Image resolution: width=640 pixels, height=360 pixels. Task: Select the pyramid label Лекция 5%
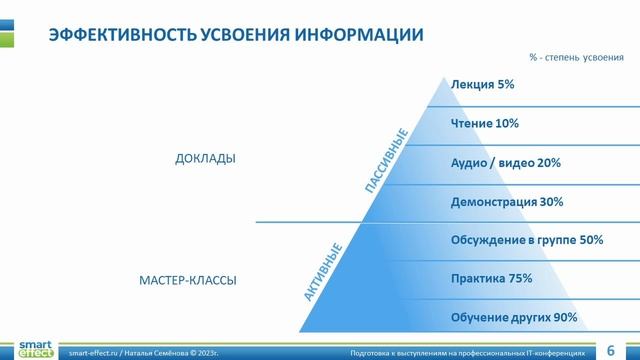click(482, 85)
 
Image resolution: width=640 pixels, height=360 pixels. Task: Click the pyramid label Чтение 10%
click(485, 124)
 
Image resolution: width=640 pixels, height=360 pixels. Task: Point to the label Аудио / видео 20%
click(505, 162)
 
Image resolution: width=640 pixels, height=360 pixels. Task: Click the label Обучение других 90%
click(515, 317)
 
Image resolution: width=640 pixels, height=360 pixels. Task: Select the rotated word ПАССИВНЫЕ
click(386, 161)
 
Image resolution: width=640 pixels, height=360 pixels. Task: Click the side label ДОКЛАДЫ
click(205, 158)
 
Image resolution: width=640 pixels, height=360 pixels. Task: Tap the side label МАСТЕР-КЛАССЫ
click(187, 281)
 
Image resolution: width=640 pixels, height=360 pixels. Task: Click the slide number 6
click(611, 350)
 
